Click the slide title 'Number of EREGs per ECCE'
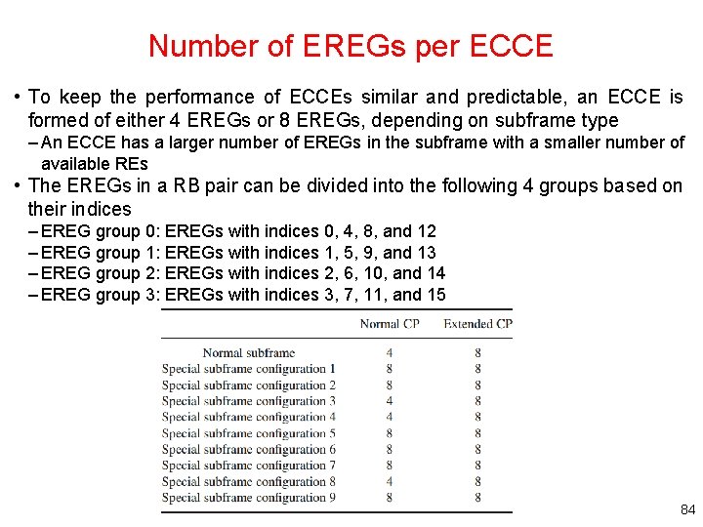pyautogui.click(x=351, y=46)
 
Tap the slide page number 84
pyautogui.click(x=685, y=510)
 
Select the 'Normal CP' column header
pyautogui.click(x=390, y=323)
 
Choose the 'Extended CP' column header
pyautogui.click(x=477, y=323)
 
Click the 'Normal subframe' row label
pyautogui.click(x=248, y=353)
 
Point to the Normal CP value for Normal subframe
pyautogui.click(x=390, y=353)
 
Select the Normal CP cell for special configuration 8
pyautogui.click(x=390, y=481)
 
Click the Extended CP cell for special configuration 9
pyautogui.click(x=477, y=498)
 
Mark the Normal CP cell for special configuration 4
pyautogui.click(x=390, y=418)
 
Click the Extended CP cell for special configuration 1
pyautogui.click(x=477, y=369)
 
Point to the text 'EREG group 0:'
pyautogui.click(x=102, y=231)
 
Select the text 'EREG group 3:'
pyautogui.click(x=102, y=295)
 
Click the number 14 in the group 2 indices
pyautogui.click(x=435, y=273)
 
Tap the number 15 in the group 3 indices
pyautogui.click(x=435, y=295)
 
